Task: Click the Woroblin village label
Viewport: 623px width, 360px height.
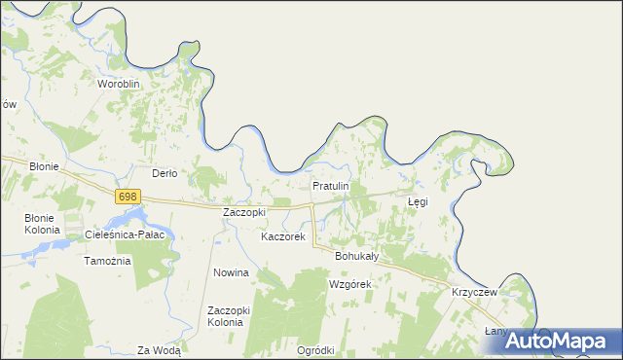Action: coord(120,84)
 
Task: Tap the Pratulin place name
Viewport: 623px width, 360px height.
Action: coord(330,185)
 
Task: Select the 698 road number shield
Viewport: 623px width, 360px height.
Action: coord(127,197)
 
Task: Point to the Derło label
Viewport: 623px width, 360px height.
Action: coord(165,173)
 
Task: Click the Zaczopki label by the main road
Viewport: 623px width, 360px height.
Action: coord(243,211)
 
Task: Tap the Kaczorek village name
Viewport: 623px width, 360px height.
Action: coord(283,236)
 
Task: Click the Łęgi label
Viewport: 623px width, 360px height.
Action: coord(418,201)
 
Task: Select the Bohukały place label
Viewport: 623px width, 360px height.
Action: coord(356,256)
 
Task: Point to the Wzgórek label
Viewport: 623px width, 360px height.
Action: coord(351,284)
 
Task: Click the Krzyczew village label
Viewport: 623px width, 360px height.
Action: coord(475,292)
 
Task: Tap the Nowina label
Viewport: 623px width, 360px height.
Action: coord(232,273)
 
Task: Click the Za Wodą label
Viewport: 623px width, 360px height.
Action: coord(159,350)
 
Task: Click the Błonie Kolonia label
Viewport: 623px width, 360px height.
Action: coord(43,224)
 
